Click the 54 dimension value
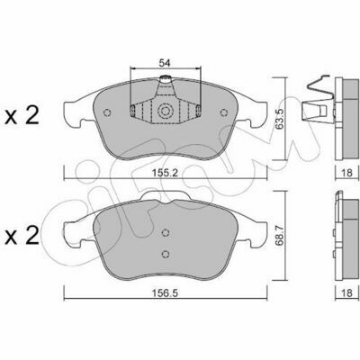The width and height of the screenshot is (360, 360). pos(165,63)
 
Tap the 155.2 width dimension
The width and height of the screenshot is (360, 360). pos(166,173)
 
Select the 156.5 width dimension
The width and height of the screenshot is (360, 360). pos(166,292)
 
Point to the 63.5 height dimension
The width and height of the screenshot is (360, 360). pos(280,119)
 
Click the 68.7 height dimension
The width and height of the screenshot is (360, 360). pos(281,237)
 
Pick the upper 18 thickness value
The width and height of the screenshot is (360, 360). pos(346,173)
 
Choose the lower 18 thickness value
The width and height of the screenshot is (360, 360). pos(346,292)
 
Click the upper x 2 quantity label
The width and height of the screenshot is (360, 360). pos(22,116)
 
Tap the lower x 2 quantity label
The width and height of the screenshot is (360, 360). pos(22,236)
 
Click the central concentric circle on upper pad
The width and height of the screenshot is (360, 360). pos(166,112)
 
